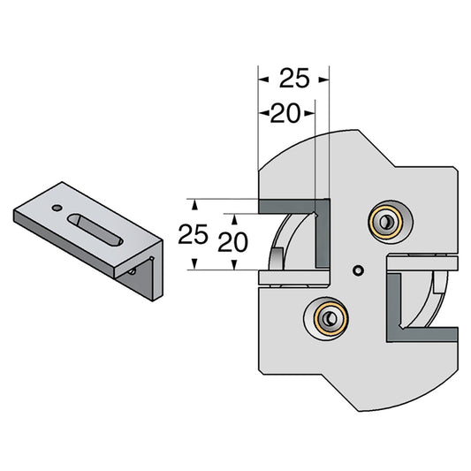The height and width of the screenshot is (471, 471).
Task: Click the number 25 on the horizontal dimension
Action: pyautogui.click(x=294, y=80)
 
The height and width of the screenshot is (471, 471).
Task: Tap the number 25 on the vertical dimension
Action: pyautogui.click(x=194, y=234)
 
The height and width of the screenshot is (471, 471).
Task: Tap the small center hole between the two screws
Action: pyautogui.click(x=357, y=270)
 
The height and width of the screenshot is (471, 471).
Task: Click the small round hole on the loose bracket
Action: pyautogui.click(x=57, y=209)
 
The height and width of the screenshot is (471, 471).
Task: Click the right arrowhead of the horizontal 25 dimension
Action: pyautogui.click(x=323, y=80)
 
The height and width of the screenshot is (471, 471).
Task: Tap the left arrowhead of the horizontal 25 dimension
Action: pyautogui.click(x=262, y=80)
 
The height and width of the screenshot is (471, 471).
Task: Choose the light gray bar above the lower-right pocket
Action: pyautogui.click(x=422, y=262)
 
